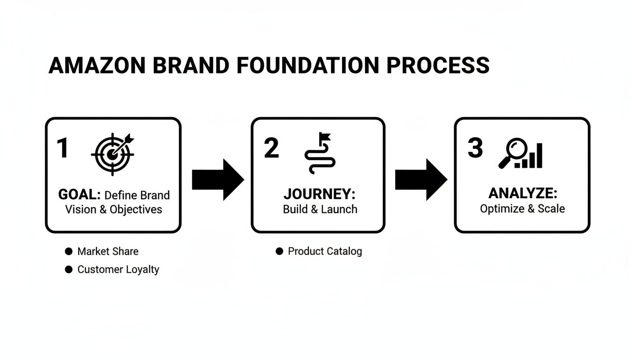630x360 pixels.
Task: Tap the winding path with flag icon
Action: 320,153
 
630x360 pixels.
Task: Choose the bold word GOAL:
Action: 80,195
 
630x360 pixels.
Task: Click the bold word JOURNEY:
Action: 320,194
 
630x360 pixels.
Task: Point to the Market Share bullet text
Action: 108,251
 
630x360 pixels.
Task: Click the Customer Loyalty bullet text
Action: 118,270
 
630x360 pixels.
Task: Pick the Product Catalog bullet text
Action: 325,251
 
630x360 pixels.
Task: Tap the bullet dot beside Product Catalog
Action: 279,251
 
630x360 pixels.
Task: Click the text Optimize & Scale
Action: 522,208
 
